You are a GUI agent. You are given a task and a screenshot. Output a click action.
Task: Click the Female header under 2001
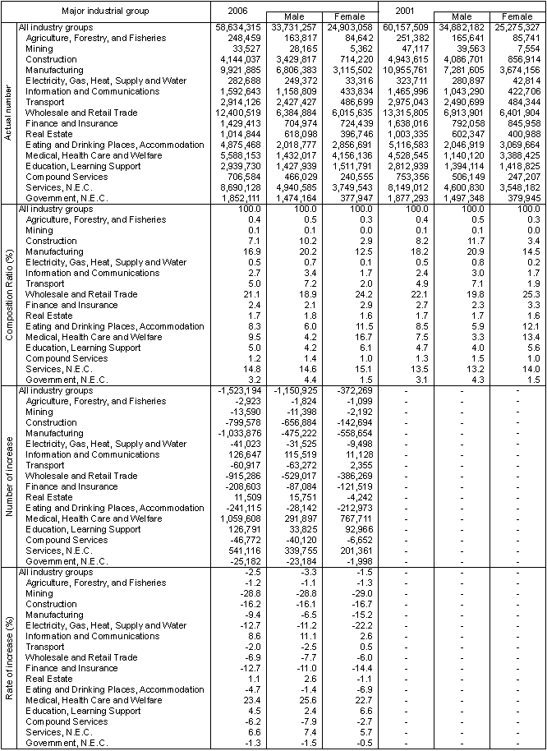(x=514, y=16)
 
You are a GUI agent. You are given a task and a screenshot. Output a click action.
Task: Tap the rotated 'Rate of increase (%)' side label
(x=8, y=658)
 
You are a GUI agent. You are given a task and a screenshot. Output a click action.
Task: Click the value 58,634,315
(x=238, y=27)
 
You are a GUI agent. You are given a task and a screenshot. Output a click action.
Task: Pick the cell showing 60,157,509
(x=407, y=27)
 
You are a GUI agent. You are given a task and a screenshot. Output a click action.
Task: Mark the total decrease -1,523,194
(x=238, y=391)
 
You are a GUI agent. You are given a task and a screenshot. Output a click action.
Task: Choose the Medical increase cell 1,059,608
(x=238, y=519)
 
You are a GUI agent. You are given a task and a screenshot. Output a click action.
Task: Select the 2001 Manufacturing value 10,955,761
(x=407, y=70)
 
